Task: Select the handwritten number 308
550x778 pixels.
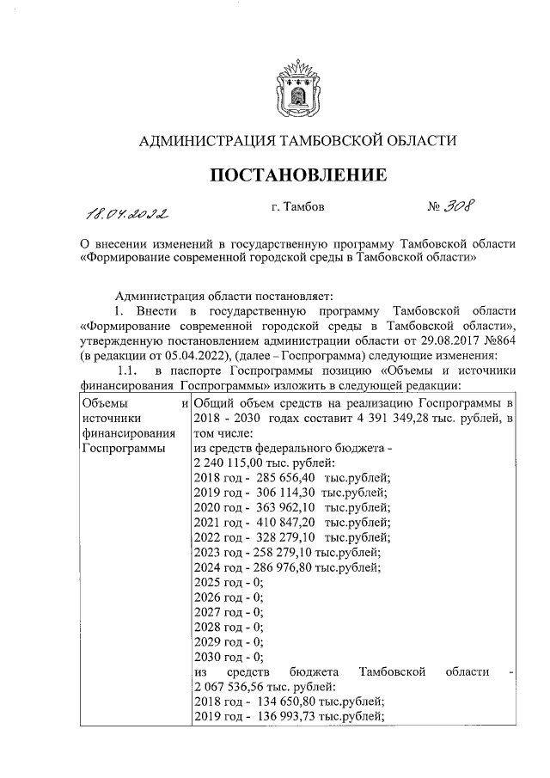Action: [463, 207]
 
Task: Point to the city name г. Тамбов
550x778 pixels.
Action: [298, 207]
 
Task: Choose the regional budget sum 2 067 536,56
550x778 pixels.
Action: [230, 686]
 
